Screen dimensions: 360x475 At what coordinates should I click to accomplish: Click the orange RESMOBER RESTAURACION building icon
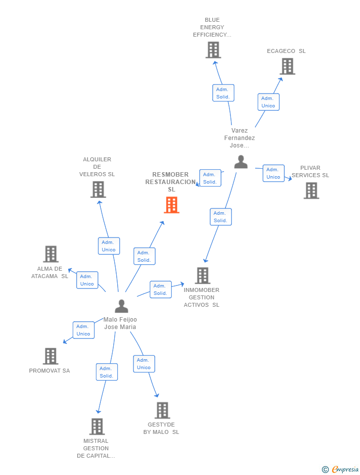172,205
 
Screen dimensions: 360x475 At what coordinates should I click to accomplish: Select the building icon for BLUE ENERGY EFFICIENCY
213,50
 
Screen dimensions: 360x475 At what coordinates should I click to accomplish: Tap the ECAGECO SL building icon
287,66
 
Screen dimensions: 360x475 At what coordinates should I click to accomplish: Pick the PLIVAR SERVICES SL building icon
311,190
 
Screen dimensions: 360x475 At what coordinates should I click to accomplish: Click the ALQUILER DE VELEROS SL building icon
98,190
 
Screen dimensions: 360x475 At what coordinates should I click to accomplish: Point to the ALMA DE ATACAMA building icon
51,254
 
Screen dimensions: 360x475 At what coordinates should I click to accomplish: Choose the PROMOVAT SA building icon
50,356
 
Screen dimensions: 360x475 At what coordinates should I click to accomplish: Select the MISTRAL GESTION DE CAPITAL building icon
97,427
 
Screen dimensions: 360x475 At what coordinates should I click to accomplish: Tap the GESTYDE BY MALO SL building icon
162,410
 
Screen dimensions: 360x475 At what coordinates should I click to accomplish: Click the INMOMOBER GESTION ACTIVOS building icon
203,276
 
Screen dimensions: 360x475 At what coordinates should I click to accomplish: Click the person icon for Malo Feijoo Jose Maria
122,306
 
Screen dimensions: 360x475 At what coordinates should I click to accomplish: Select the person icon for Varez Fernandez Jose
241,162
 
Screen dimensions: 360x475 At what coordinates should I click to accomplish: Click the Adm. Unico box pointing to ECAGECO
269,102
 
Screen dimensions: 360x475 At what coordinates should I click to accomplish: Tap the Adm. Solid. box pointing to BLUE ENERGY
223,93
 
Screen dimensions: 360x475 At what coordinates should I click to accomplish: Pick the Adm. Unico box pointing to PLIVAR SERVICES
273,173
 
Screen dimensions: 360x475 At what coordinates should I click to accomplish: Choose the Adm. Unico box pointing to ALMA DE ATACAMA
87,280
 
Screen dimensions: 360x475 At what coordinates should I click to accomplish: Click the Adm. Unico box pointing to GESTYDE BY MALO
144,364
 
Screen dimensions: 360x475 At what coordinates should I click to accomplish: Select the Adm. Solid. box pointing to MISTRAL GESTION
107,372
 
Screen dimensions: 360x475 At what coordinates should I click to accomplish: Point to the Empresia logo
340,469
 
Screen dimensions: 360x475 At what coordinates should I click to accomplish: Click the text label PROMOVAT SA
49,371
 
